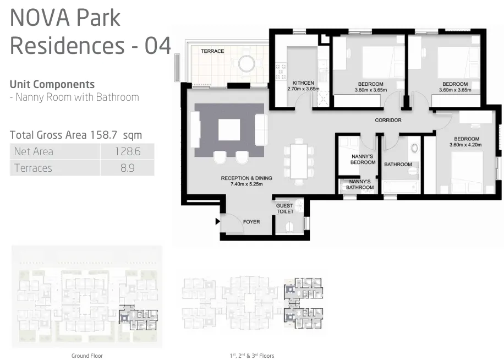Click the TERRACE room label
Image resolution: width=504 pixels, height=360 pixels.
[212, 51]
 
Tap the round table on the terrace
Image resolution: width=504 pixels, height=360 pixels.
[246, 64]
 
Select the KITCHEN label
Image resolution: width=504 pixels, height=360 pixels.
[303, 83]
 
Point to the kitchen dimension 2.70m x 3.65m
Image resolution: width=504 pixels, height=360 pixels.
[303, 89]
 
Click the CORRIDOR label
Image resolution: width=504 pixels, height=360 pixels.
[388, 120]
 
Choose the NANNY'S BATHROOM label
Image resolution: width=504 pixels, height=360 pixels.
[360, 184]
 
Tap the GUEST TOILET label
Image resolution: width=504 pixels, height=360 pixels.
[284, 209]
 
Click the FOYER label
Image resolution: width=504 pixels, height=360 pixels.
[251, 222]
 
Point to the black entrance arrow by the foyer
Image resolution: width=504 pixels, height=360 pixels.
[217, 222]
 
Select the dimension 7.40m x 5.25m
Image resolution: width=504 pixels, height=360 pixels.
[246, 184]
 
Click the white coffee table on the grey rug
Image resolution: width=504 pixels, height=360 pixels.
[229, 130]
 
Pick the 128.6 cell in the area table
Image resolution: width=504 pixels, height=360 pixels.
[127, 151]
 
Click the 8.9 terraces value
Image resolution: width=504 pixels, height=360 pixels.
[127, 168]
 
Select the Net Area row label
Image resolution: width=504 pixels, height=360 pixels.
[34, 151]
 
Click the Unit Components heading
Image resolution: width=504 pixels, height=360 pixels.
[52, 84]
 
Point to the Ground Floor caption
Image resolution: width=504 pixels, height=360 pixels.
[87, 356]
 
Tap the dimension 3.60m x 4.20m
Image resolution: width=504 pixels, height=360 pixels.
[465, 145]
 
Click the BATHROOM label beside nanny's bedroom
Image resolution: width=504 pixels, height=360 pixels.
[398, 164]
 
